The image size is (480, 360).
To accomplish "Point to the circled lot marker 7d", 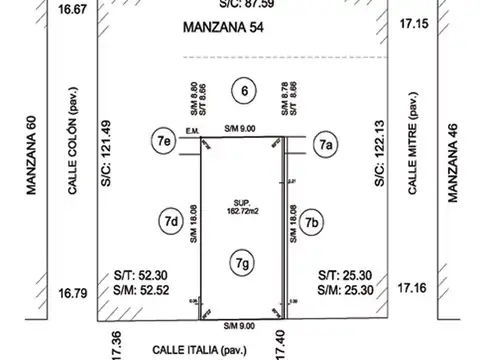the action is click(x=169, y=220).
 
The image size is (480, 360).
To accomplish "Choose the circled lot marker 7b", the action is click(x=313, y=221).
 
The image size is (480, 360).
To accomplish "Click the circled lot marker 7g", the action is click(x=241, y=262).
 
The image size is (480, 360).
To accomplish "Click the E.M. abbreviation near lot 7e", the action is click(x=192, y=129).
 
